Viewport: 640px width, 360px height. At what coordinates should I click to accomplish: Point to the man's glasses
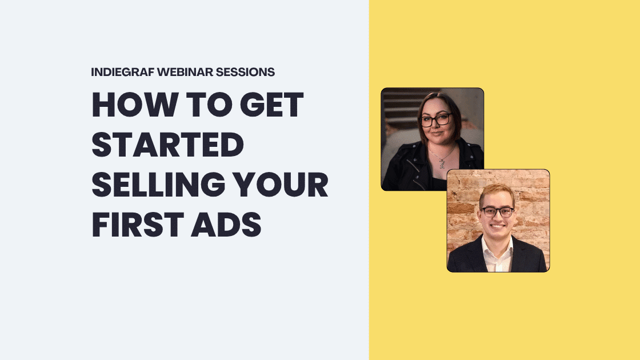497,212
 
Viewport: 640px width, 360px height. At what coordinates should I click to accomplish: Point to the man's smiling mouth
497,229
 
